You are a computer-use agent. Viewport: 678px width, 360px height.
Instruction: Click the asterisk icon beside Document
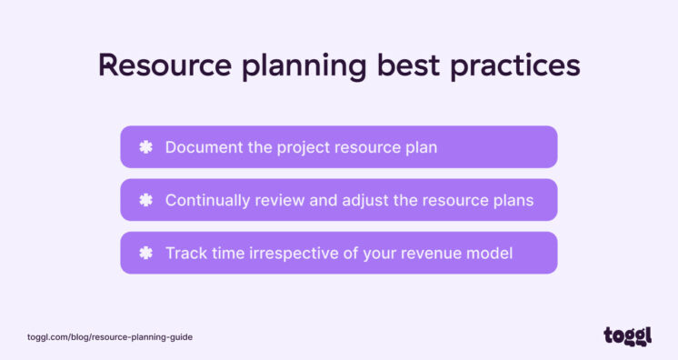145,146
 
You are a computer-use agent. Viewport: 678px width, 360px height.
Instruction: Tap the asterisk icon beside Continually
145,200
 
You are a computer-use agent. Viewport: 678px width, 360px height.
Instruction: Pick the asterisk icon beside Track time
145,253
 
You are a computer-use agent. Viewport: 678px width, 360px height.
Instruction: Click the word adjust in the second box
366,201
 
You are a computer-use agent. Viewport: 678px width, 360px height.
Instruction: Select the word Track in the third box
184,253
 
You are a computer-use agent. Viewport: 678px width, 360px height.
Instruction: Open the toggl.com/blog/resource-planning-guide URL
110,337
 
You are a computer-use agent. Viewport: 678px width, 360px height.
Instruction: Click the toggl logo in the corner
627,336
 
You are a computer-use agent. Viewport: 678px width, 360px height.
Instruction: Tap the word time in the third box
226,253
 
